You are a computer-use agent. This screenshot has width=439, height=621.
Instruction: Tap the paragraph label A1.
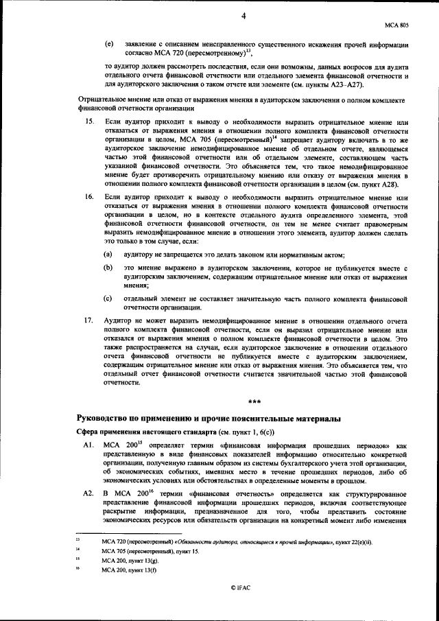[88, 445]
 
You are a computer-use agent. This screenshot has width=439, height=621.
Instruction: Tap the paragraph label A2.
[88, 493]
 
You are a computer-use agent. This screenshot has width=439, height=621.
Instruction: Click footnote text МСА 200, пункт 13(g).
[128, 561]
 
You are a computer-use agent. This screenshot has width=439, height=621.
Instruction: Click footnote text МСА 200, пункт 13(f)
[128, 570]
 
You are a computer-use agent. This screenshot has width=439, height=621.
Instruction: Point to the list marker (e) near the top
[108, 44]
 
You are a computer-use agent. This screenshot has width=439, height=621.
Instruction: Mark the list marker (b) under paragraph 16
[108, 266]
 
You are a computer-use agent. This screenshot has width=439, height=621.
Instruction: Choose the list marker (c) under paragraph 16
[108, 298]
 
